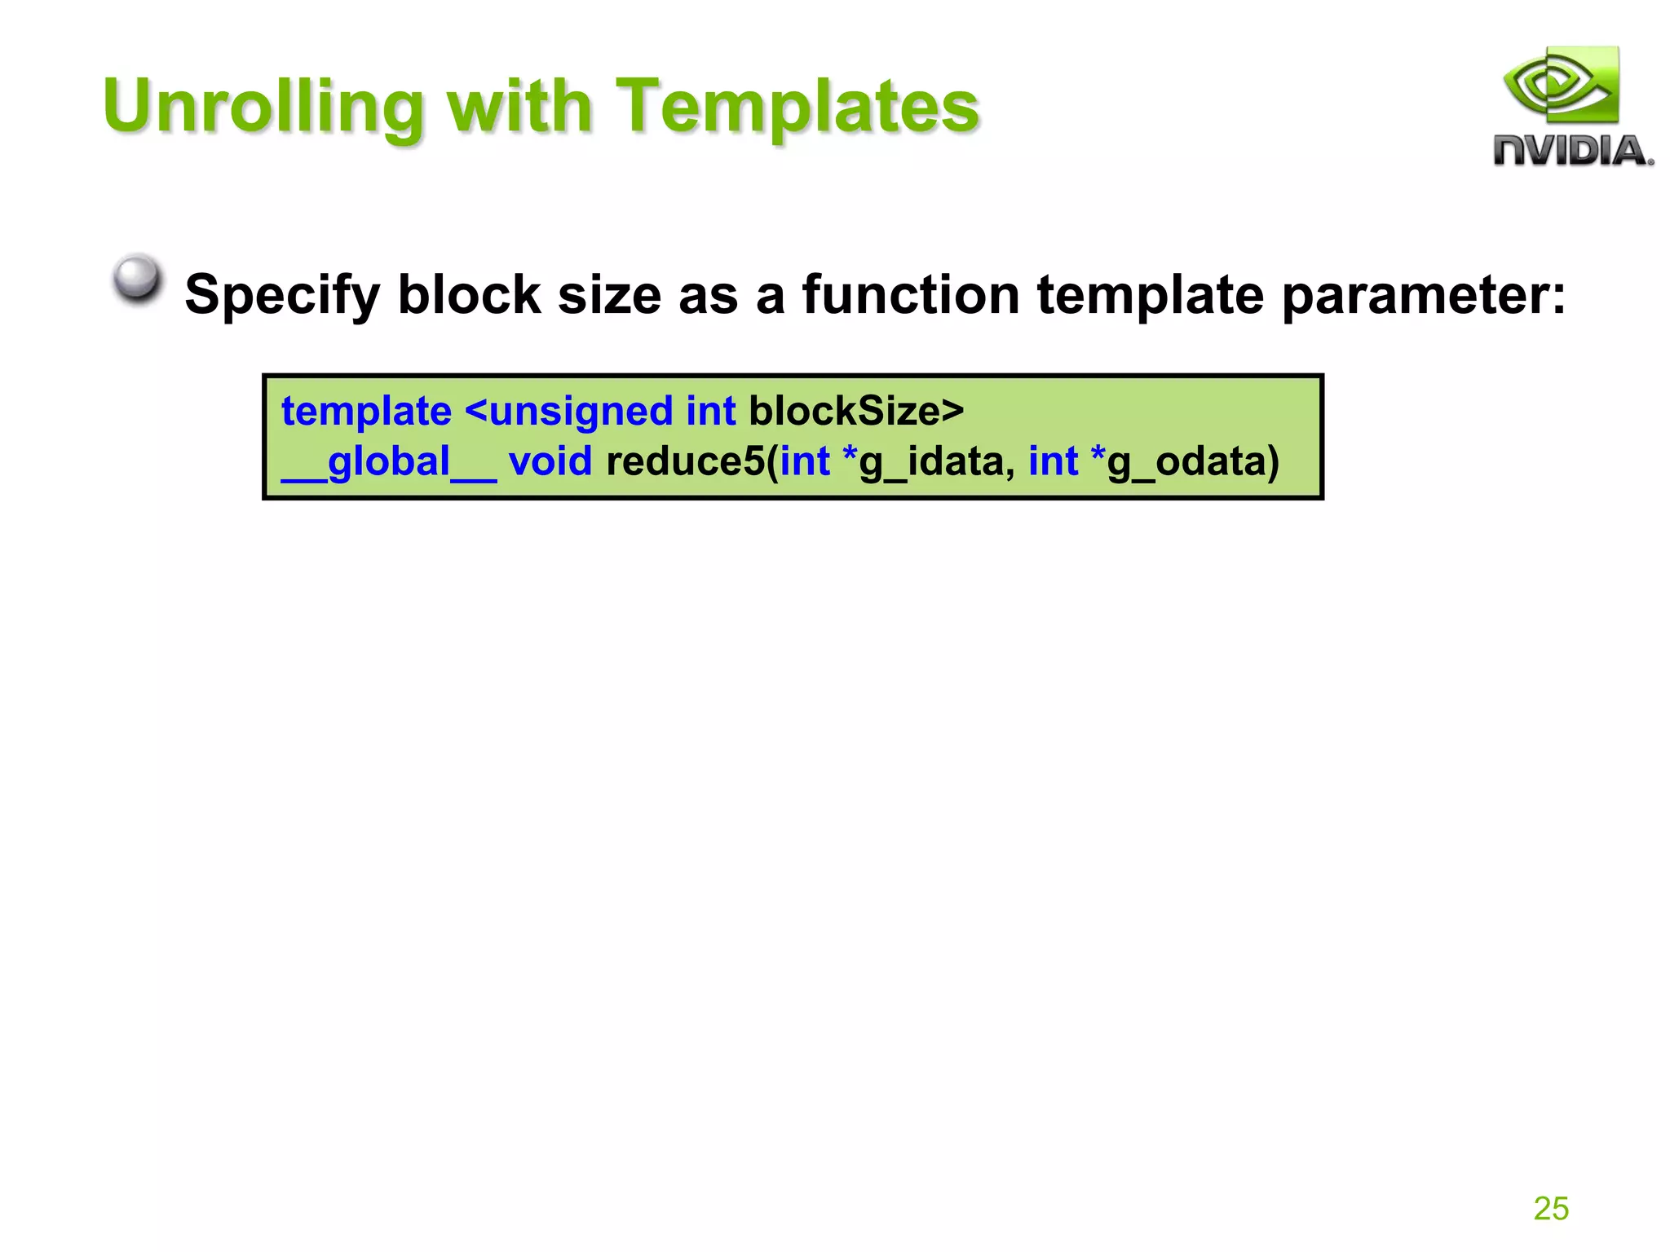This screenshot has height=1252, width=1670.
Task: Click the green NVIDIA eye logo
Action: pyautogui.click(x=1562, y=86)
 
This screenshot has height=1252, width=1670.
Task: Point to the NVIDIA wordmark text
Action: pyautogui.click(x=1571, y=152)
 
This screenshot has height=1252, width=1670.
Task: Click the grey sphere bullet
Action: pyautogui.click(x=137, y=278)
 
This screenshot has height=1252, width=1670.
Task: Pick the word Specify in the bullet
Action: pyautogui.click(x=281, y=295)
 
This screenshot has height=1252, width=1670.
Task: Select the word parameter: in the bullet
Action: pyautogui.click(x=1423, y=295)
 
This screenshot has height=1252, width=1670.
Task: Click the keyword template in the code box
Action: pyautogui.click(x=366, y=411)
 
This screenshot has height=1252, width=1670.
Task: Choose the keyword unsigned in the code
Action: pyautogui.click(x=581, y=412)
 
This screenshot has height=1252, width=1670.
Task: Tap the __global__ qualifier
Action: pyautogui.click(x=388, y=462)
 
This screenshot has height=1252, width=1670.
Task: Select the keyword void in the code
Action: pyautogui.click(x=550, y=461)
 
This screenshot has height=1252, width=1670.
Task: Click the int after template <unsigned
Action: pyautogui.click(x=710, y=411)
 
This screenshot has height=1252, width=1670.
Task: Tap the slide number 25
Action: pyautogui.click(x=1550, y=1208)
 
